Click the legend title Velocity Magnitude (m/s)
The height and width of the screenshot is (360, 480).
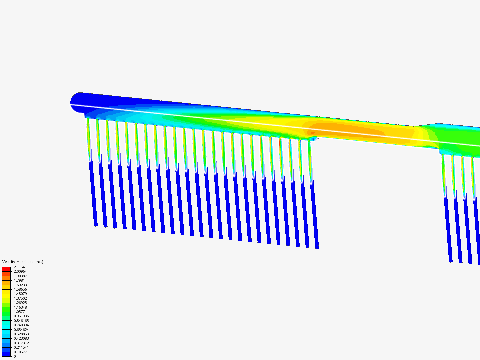pyautogui.click(x=23, y=262)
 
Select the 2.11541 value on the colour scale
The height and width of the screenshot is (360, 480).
pyautogui.click(x=20, y=267)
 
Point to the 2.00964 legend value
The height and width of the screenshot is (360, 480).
pyautogui.click(x=20, y=271)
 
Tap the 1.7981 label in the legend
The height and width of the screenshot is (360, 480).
pyautogui.click(x=19, y=280)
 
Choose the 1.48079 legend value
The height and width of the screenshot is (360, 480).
pyautogui.click(x=20, y=294)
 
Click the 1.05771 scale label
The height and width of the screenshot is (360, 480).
pyautogui.click(x=20, y=312)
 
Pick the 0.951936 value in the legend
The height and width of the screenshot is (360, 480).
pyautogui.click(x=21, y=316)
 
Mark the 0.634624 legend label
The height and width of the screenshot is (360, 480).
pyautogui.click(x=21, y=330)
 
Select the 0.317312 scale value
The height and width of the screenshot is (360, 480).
pyautogui.click(x=21, y=343)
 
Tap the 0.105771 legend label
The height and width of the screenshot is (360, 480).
pyautogui.click(x=21, y=352)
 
